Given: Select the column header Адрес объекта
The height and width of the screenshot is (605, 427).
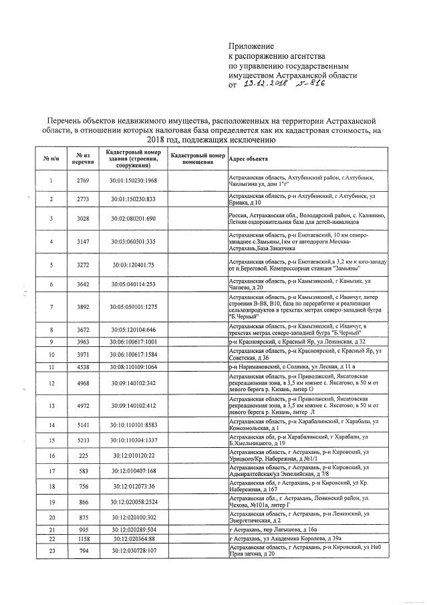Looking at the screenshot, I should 249,159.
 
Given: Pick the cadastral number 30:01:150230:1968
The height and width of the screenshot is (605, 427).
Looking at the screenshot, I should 132,181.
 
